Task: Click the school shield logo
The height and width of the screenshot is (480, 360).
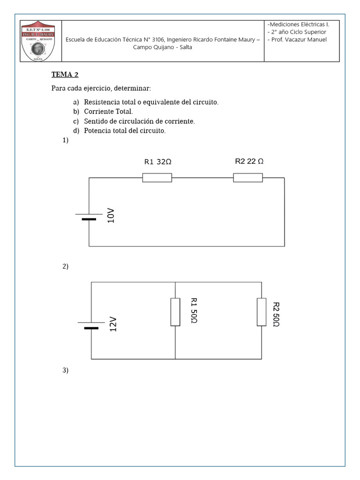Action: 37,41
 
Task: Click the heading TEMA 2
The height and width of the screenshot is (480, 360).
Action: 61,74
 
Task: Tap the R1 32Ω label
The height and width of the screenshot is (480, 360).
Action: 157,162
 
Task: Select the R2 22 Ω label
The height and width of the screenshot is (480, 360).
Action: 249,161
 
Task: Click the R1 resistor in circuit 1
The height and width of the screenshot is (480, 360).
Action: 157,178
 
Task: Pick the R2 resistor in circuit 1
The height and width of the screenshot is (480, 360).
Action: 248,178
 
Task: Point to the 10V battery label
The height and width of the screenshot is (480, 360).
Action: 111,216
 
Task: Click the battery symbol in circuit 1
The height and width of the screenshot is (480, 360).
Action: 89,217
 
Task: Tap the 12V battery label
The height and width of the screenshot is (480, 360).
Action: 113,324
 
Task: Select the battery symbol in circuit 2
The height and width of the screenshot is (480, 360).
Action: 91,325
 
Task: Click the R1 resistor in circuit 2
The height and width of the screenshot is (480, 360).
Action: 175,312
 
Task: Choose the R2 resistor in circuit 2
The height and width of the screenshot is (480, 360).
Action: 262,312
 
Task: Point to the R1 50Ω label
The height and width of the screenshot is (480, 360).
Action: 194,310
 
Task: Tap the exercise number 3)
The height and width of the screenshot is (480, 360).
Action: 65,370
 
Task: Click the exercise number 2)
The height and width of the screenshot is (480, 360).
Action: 65,266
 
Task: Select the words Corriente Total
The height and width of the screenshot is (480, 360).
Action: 108,112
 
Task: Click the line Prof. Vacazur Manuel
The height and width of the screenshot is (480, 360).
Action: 297,39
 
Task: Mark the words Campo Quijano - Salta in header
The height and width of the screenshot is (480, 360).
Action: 162,47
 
